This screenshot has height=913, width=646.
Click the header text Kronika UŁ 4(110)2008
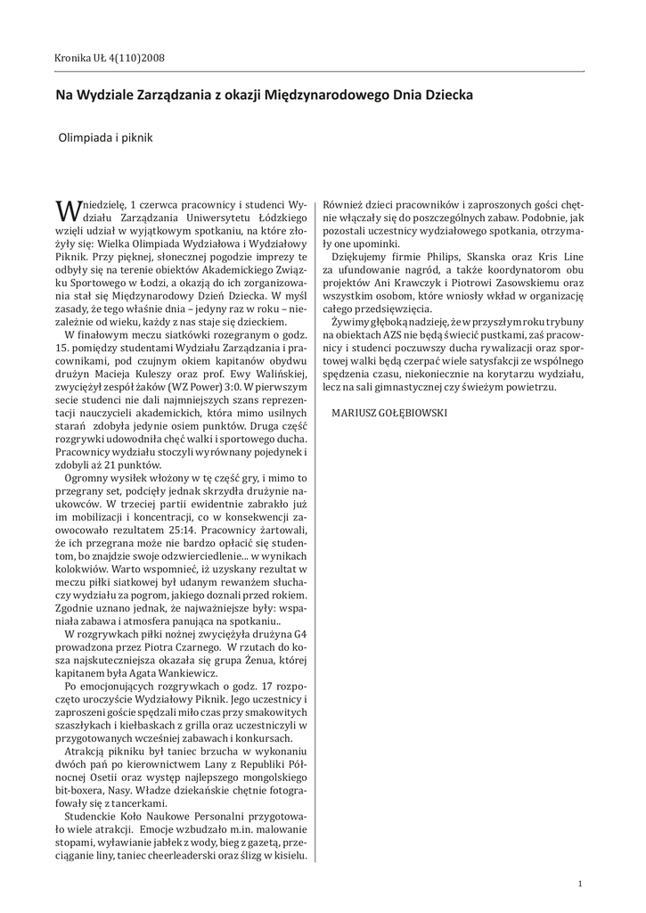(x=109, y=59)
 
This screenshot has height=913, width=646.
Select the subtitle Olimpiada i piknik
(x=106, y=138)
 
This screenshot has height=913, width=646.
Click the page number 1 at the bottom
(x=580, y=884)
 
